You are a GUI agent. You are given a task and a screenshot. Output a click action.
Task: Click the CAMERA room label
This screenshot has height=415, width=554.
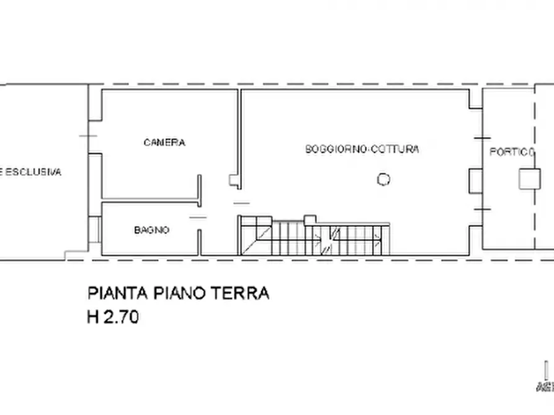(x=164, y=142)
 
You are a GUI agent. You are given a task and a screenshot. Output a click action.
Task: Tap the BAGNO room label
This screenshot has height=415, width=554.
(x=152, y=230)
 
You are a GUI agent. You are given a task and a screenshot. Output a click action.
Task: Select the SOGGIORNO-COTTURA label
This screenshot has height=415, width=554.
(x=362, y=149)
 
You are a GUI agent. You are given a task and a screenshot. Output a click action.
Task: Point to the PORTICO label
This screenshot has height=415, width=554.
(x=512, y=152)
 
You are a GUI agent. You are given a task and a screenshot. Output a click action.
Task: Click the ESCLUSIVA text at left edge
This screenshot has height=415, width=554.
(x=31, y=172)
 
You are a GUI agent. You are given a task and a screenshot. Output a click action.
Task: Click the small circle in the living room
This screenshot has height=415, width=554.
(x=384, y=180)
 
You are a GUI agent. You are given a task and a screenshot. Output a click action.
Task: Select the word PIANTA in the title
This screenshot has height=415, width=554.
(x=117, y=293)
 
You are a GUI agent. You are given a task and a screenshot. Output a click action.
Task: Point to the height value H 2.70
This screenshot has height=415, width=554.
(x=112, y=317)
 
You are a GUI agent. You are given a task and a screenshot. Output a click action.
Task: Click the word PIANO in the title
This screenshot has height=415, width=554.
(x=179, y=293)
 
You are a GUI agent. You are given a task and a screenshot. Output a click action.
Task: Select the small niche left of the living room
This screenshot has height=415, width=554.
(x=235, y=180)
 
